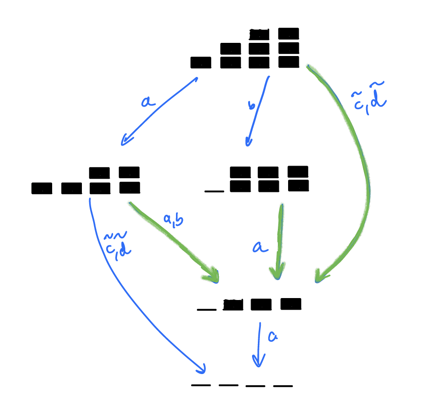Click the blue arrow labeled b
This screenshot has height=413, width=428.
257,110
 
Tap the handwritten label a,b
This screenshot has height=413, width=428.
173,221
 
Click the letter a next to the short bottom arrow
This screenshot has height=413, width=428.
272,336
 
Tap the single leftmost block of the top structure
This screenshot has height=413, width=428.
200,62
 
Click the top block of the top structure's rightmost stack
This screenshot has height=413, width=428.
289,34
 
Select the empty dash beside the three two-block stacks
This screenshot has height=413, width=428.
214,190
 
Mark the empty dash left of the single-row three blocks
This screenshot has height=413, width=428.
207,309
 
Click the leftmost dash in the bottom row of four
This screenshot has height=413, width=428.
201,385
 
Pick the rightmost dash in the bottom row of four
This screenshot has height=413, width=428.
283,386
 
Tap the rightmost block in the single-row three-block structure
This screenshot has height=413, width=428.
291,304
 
